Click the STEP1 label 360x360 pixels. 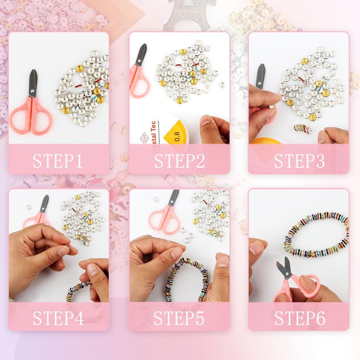point(58,161)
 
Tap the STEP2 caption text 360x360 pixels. point(179,161)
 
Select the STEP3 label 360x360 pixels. point(299,161)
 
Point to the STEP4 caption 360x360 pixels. point(58,318)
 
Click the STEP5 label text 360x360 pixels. point(179,318)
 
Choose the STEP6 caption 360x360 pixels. point(300,318)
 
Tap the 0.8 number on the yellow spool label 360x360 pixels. point(177,136)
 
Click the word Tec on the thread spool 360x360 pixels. point(153,126)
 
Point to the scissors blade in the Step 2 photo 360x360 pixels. point(141,54)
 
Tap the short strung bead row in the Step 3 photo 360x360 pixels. point(302,129)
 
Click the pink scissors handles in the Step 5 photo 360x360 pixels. point(164,219)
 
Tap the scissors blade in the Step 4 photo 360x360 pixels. point(44,204)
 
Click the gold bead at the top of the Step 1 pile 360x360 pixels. point(80,68)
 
